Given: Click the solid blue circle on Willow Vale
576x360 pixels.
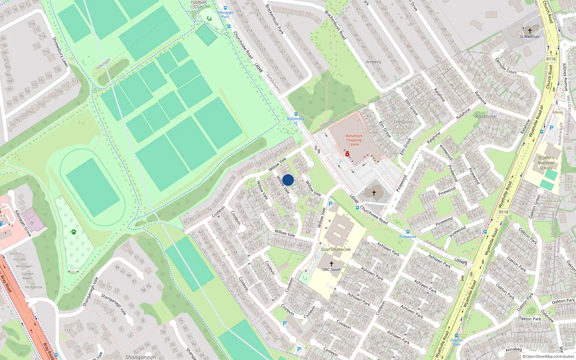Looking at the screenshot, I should [288, 180].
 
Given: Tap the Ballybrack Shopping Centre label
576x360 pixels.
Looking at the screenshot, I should [354, 140].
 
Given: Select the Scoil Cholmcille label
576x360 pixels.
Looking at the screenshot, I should [336, 249].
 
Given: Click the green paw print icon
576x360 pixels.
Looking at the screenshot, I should [74, 232].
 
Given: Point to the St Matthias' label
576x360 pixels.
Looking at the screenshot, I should [530, 37].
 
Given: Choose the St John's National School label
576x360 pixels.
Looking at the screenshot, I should [546, 163].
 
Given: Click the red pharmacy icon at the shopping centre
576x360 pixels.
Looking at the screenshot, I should [347, 154].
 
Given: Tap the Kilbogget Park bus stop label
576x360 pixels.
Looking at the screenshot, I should [225, 14].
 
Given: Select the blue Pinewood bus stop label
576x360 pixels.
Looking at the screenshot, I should [408, 237].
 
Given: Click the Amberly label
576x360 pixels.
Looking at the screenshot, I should [373, 62].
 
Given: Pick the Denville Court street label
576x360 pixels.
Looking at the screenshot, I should [506, 66].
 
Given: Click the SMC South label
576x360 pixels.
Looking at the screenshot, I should [331, 269].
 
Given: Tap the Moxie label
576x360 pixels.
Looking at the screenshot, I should [557, 112].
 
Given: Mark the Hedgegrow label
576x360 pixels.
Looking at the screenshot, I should [33, 287].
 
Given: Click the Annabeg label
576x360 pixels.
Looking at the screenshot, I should [513, 349].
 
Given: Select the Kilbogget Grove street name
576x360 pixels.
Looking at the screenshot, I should [23, 223].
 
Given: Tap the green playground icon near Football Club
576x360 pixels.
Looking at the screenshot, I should [209, 18].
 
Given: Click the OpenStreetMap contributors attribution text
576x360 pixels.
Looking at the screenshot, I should [548, 356].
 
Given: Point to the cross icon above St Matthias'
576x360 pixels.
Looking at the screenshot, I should [530, 31].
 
